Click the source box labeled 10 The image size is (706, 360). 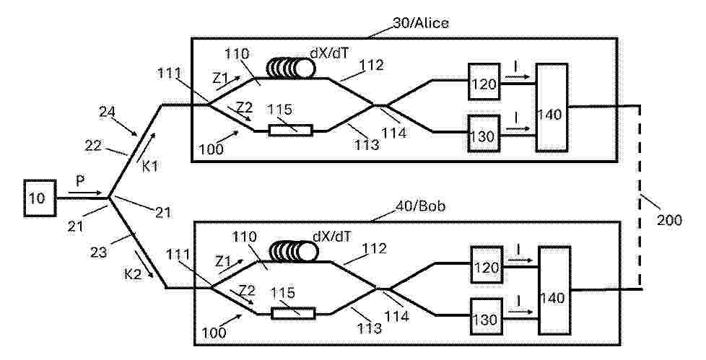tap(40, 198)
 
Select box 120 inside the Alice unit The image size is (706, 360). tap(484, 82)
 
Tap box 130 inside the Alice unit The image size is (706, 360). tap(484, 133)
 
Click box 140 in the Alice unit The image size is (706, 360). tap(551, 107)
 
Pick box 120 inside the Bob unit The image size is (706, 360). tap(487, 265)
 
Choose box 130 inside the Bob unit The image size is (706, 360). tap(487, 316)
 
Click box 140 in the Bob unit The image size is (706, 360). tap(554, 290)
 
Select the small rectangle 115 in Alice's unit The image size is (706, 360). tap(290, 131)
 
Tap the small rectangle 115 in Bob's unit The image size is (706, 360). tap(293, 313)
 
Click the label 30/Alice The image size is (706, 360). tap(421, 23)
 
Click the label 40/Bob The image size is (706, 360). tap(421, 206)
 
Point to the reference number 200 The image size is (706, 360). tap(668, 220)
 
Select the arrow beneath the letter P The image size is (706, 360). tap(86, 193)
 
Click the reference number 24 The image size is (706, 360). tap(107, 111)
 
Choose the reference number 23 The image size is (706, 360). tap(99, 252)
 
